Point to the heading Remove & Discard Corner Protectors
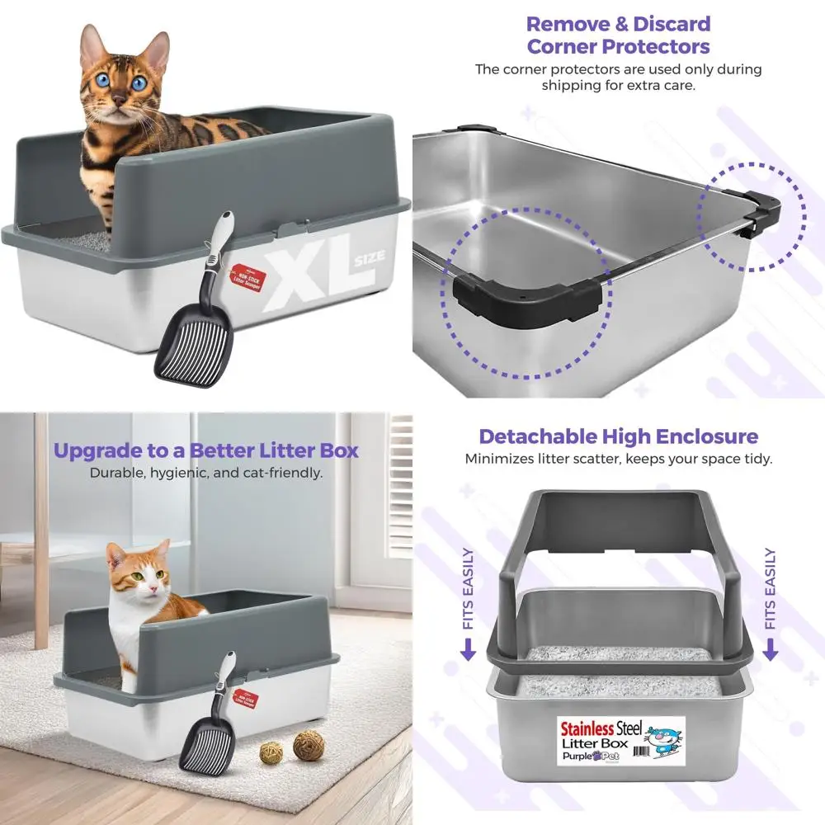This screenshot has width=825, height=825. click(618, 35)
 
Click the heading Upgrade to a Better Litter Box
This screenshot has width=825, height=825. click(205, 451)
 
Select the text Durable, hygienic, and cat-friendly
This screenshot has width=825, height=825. click(205, 474)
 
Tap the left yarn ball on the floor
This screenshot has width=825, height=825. click(271, 752)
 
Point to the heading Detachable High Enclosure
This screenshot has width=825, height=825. click(618, 436)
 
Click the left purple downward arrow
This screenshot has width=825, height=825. click(468, 650)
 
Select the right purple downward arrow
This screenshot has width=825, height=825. click(770, 650)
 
